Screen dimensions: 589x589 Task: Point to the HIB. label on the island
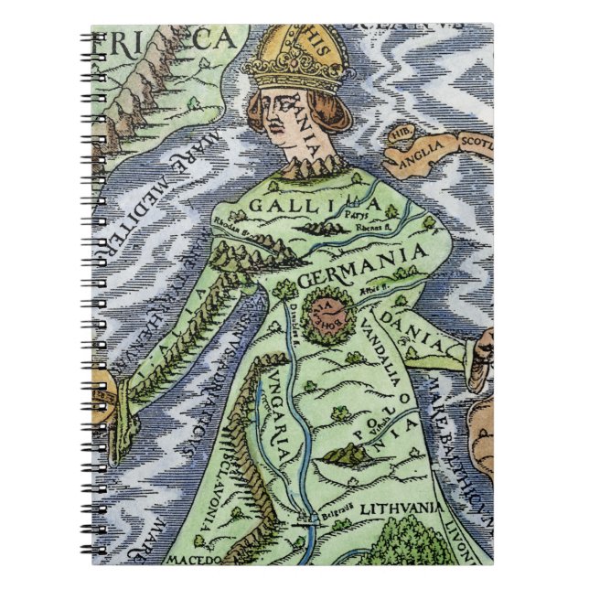click(398, 134)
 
